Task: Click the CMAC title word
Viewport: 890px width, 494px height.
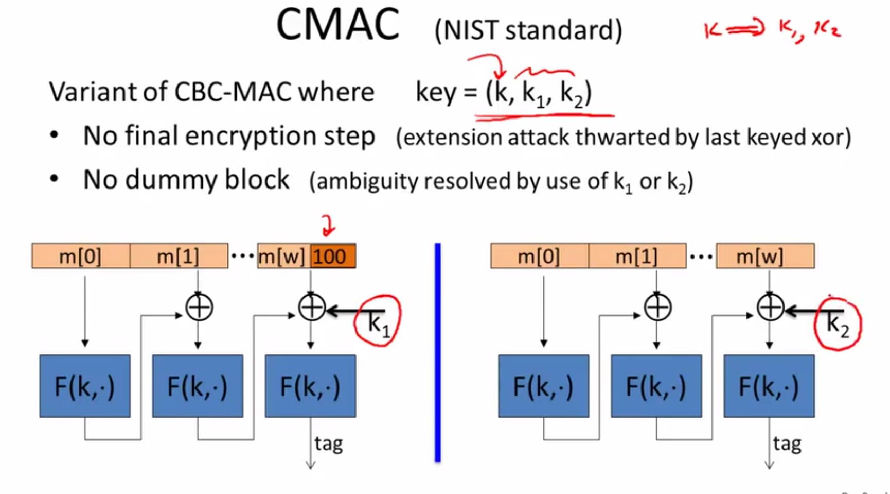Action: [x=337, y=26]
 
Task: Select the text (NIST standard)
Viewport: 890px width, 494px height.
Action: [x=528, y=30]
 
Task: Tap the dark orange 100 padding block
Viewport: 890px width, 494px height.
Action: [x=332, y=256]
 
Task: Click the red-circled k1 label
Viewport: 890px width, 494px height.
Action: [x=378, y=322]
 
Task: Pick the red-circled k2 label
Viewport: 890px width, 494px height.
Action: [x=837, y=324]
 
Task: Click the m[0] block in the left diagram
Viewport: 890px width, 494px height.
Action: [x=80, y=256]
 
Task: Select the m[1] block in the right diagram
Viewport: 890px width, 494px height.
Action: [x=637, y=256]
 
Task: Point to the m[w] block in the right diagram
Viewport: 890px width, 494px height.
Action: [x=765, y=256]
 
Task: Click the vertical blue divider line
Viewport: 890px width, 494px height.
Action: [x=438, y=352]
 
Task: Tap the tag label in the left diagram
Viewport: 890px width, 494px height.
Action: [x=328, y=444]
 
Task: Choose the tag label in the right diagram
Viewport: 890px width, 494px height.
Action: [x=787, y=444]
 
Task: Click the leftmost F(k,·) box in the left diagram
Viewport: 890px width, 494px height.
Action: [x=85, y=386]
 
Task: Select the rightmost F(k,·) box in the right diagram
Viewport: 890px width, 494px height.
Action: [x=769, y=386]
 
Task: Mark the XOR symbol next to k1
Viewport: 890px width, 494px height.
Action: [x=311, y=308]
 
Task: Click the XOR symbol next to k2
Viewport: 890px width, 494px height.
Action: [x=770, y=308]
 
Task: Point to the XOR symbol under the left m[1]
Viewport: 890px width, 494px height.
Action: [x=199, y=308]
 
